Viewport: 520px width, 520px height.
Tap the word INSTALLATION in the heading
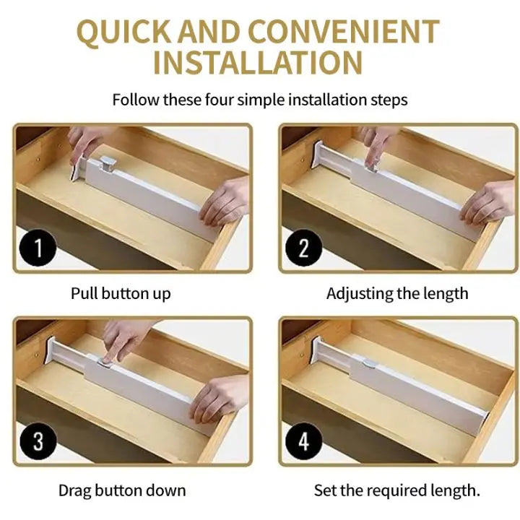(258, 63)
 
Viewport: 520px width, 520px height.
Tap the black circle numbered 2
(303, 248)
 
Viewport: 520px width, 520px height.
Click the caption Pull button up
(121, 294)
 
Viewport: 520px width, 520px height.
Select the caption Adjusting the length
(397, 294)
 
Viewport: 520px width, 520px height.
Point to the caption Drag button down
(122, 490)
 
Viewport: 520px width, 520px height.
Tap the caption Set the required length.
(396, 490)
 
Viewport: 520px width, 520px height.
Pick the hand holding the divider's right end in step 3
(220, 398)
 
